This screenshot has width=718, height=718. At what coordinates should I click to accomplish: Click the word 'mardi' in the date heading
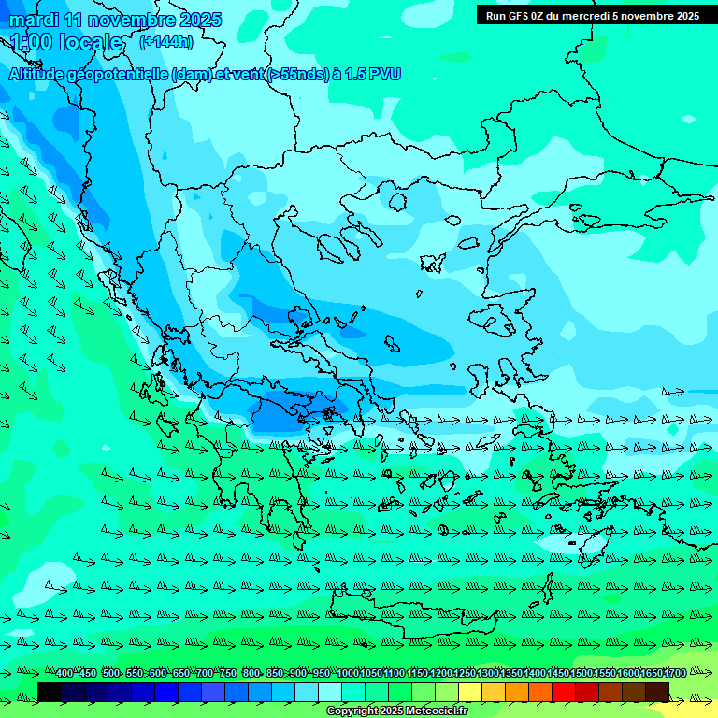click(x=34, y=20)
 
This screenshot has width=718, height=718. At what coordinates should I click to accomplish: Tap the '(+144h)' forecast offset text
click(x=165, y=41)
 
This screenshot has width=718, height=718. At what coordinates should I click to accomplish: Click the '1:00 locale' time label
click(x=66, y=42)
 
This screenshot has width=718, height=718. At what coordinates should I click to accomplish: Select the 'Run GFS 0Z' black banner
click(x=593, y=15)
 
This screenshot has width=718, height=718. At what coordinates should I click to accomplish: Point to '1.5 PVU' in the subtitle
click(x=372, y=74)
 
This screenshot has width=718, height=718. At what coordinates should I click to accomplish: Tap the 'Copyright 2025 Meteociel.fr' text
click(x=397, y=711)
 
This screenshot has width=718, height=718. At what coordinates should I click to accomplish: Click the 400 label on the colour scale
click(x=64, y=674)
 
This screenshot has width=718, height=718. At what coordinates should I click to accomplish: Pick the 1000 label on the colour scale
click(x=347, y=674)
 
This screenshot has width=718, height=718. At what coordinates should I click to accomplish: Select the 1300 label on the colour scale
click(x=489, y=674)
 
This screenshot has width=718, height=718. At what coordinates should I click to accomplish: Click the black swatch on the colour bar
click(x=50, y=693)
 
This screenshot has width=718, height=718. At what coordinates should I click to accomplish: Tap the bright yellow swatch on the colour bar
click(x=470, y=693)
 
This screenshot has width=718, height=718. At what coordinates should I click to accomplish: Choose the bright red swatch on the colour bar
click(x=564, y=693)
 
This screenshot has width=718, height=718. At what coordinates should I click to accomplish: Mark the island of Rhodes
click(x=595, y=545)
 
